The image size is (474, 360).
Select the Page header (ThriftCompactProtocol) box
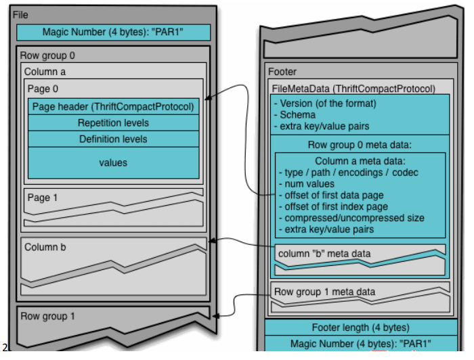[x=114, y=107]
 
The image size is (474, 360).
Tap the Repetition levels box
[x=114, y=123]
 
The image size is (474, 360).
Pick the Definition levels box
[x=114, y=139]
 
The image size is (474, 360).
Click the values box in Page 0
[x=114, y=162]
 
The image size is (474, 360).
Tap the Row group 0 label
[x=48, y=55]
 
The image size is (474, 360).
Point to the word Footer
[x=282, y=72]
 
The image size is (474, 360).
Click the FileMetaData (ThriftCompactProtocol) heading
[x=353, y=88]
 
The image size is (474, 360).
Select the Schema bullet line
[x=293, y=115]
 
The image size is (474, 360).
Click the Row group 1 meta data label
[x=324, y=292]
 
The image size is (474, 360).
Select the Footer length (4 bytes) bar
[x=360, y=328]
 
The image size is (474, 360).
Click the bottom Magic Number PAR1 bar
[x=360, y=344]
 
